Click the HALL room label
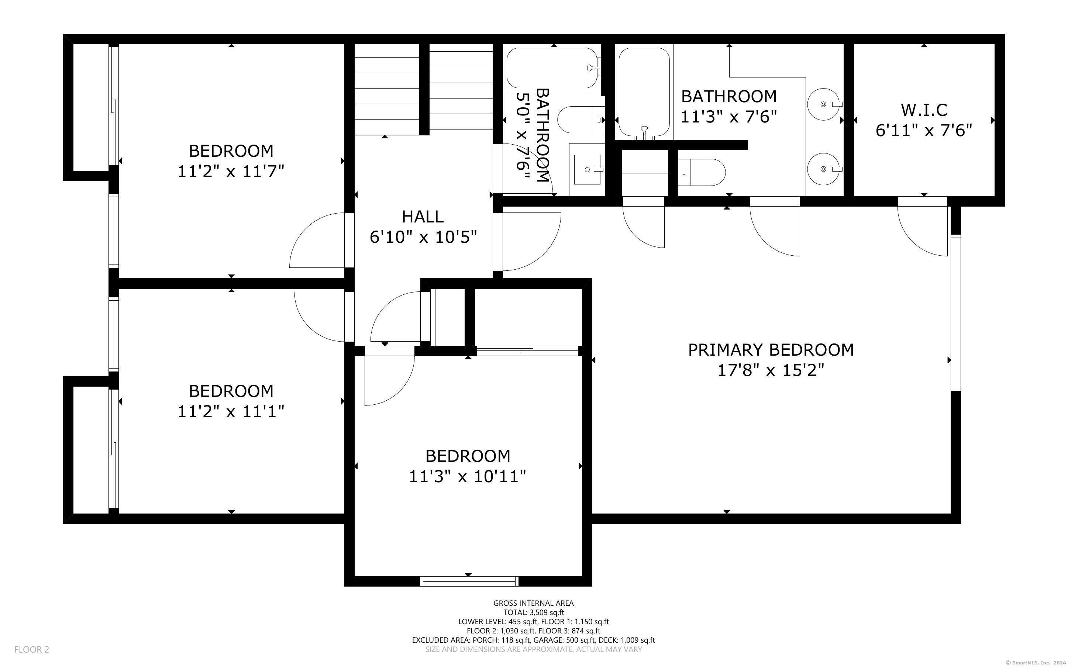click(x=423, y=217)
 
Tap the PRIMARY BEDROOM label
click(x=771, y=350)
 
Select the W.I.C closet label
click(x=924, y=110)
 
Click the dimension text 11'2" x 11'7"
click(x=231, y=171)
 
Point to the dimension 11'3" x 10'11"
click(x=468, y=476)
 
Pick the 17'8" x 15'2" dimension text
click(x=771, y=370)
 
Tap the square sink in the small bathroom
click(x=587, y=169)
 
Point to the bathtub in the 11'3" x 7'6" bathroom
click(x=644, y=93)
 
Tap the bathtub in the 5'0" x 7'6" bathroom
click(x=552, y=68)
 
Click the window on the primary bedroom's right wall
click(x=955, y=314)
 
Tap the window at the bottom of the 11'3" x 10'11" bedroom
click(x=469, y=581)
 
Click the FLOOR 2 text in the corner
click(x=32, y=649)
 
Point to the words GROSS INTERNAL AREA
click(x=533, y=603)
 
